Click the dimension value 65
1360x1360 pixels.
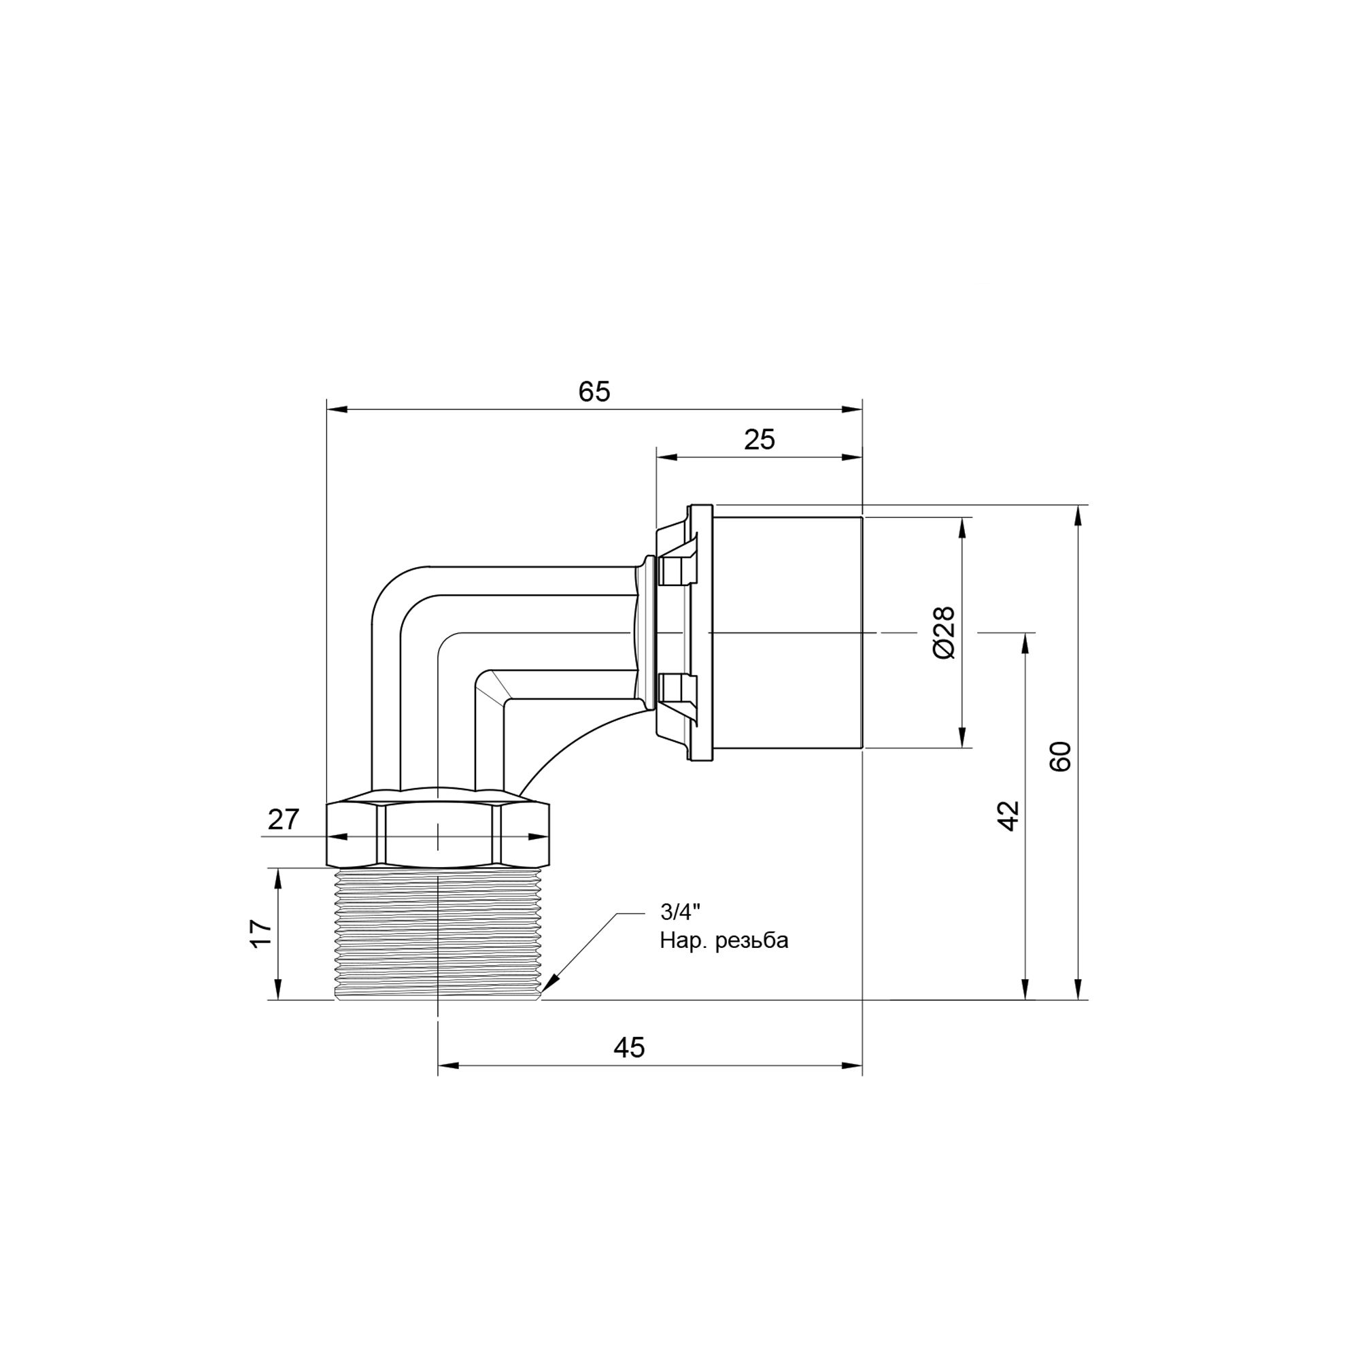[594, 392]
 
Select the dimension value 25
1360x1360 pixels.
[760, 440]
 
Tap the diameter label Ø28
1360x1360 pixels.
[944, 632]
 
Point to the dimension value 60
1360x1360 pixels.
[1060, 757]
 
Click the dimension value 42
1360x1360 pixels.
[1008, 816]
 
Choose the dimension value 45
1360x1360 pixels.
[628, 1067]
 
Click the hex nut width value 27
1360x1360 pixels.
[284, 819]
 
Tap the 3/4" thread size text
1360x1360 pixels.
[680, 913]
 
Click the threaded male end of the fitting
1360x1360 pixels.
[438, 934]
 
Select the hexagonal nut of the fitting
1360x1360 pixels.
[438, 834]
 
